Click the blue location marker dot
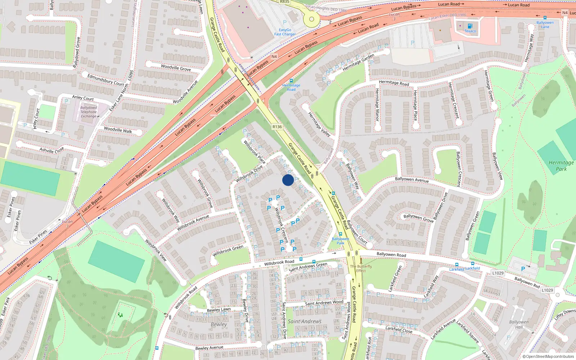(288, 180)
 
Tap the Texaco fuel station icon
(470, 26)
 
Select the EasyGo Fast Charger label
(285, 32)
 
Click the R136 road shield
(277, 127)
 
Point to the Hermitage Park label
(561, 166)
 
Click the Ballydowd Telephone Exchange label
(89, 112)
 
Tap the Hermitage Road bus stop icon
(291, 81)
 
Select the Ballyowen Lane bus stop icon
(545, 18)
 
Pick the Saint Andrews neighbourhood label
(305, 321)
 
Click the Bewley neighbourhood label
(219, 324)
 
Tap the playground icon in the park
(120, 315)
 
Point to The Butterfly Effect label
(361, 269)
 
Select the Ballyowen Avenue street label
(412, 179)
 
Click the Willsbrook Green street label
(228, 251)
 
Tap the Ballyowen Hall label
(519, 324)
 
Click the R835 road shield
(284, 2)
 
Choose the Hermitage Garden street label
(358, 62)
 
